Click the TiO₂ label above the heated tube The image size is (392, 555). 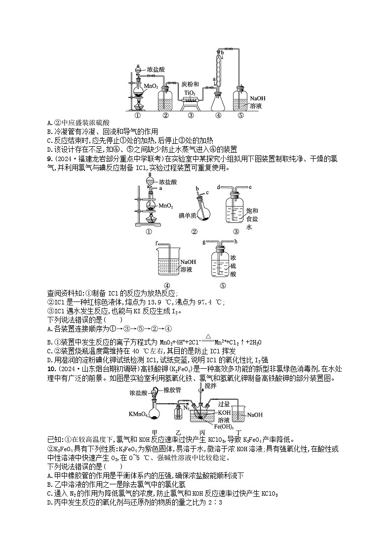[x=190, y=92]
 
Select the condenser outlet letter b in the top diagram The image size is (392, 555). [x=223, y=51]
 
